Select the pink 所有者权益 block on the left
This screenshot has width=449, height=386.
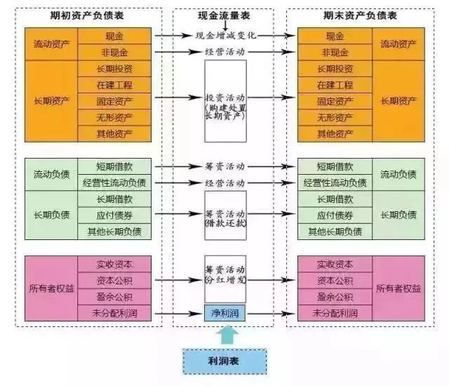(51, 288)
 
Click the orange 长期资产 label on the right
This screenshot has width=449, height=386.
(398, 100)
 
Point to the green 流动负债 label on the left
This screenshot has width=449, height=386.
(51, 175)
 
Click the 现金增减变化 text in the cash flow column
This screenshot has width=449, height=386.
(225, 35)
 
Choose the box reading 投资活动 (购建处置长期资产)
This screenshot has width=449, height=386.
(225, 100)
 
